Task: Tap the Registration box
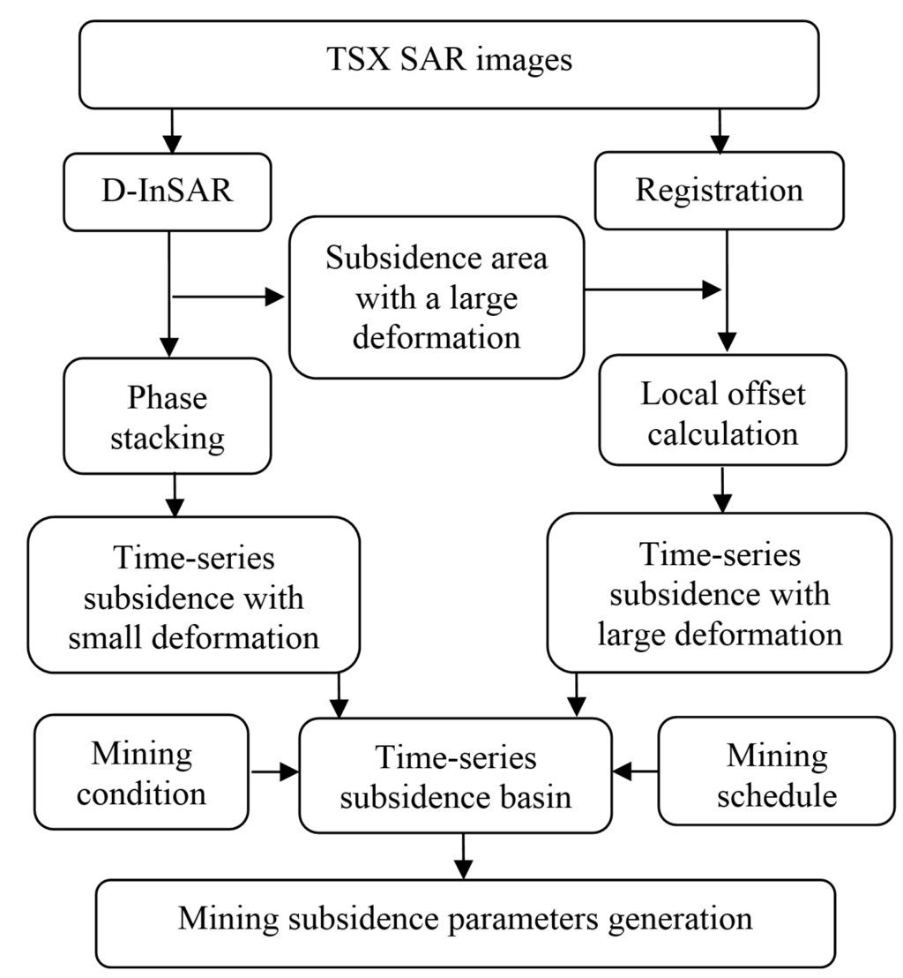[x=720, y=191]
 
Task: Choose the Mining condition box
[x=141, y=772]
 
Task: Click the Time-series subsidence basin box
[x=456, y=776]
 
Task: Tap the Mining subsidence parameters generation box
[x=465, y=922]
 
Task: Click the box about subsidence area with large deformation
[x=437, y=297]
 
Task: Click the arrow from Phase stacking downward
[x=175, y=494]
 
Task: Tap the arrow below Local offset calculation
[x=722, y=491]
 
